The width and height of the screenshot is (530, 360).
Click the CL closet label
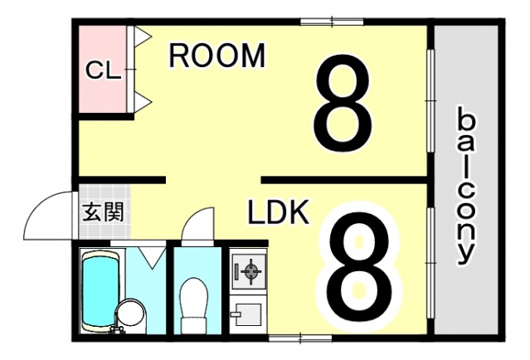click(x=104, y=70)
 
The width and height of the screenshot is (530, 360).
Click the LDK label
click(x=279, y=214)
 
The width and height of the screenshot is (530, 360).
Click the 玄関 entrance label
click(x=103, y=212)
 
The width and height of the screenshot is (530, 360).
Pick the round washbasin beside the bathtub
click(x=129, y=314)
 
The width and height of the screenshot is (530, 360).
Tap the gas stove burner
click(x=248, y=270)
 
